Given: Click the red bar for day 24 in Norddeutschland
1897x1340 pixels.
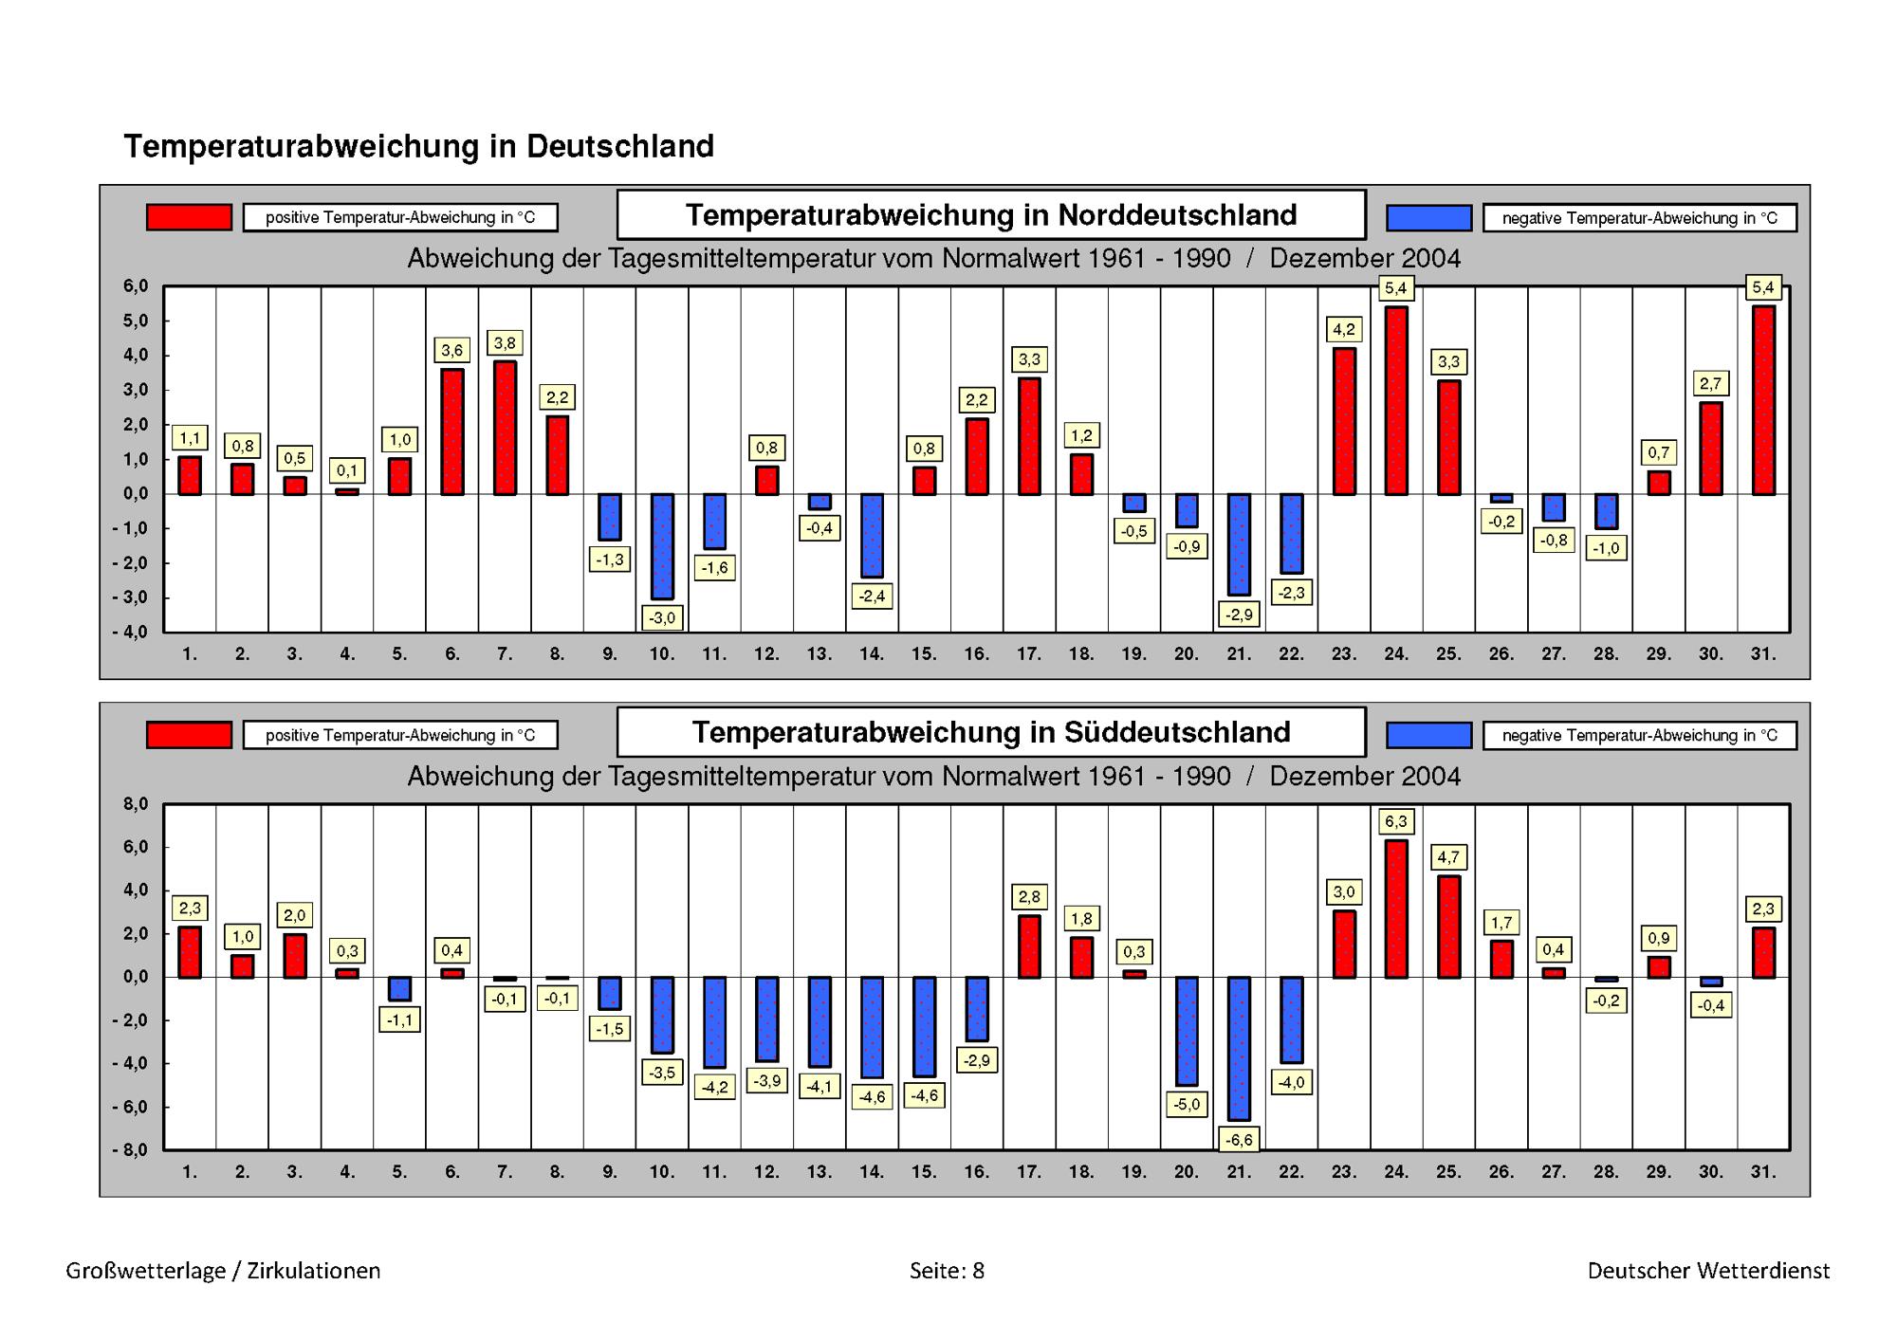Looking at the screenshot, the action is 1395,400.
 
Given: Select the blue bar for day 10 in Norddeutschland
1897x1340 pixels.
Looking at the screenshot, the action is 662,546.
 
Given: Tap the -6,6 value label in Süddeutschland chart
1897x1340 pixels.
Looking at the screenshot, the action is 1239,1140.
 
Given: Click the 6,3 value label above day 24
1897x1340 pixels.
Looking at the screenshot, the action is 1395,821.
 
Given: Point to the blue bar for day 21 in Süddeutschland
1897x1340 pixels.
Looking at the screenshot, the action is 1239,1048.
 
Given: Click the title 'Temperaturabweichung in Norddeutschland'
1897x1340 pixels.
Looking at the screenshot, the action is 991,215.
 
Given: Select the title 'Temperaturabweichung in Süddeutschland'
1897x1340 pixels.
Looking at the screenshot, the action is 991,732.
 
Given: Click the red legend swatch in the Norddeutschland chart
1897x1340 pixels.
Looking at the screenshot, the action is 189,217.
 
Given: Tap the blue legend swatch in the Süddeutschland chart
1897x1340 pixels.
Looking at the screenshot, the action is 1428,735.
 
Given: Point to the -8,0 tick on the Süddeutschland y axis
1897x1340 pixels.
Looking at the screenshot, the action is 130,1150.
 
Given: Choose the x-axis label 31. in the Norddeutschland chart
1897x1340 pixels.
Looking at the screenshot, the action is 1763,653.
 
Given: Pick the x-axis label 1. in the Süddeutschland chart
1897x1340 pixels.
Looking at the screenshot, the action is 190,1171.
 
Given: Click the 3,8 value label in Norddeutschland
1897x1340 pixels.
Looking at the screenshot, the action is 505,343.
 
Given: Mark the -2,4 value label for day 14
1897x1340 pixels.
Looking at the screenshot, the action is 872,597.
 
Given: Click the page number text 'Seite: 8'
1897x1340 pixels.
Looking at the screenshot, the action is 947,1271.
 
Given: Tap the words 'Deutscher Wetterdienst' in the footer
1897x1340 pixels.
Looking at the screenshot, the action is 1708,1271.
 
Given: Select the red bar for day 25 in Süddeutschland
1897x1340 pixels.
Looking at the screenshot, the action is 1448,927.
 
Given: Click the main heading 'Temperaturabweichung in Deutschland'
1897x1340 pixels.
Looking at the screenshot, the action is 418,147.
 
